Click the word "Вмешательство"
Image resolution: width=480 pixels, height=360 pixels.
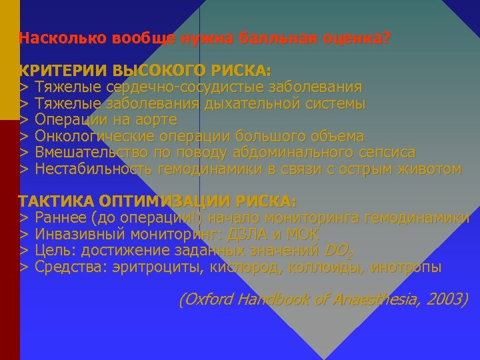88,153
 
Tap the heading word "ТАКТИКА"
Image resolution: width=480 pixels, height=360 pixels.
57,201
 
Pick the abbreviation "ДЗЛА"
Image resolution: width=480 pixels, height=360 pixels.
248,235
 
